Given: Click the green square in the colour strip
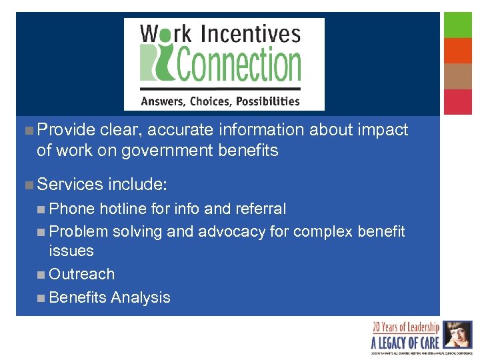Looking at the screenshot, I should (x=458, y=25).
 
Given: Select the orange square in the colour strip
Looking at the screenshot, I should (x=458, y=51).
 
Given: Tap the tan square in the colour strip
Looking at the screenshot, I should (x=458, y=76).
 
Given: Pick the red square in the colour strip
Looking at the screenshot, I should (x=458, y=101).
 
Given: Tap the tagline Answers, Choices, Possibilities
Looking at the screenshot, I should (x=219, y=101).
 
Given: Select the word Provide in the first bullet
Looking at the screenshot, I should (x=66, y=130).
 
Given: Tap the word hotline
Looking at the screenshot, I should (x=124, y=209).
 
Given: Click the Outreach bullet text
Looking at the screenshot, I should (x=82, y=274).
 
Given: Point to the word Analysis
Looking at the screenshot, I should (x=141, y=297).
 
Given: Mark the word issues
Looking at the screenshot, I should (x=71, y=251).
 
